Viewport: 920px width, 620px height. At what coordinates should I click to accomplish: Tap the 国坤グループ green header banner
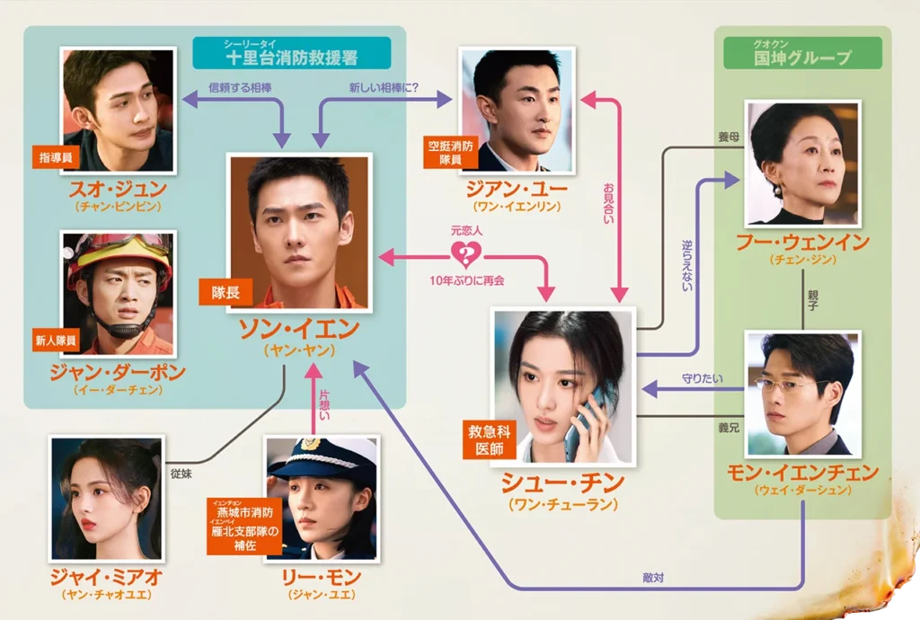[x=803, y=55]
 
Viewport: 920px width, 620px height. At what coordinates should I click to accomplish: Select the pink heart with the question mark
[x=466, y=255]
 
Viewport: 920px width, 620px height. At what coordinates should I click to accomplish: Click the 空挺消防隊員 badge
[x=449, y=152]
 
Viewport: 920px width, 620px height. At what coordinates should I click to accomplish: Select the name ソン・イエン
[x=298, y=329]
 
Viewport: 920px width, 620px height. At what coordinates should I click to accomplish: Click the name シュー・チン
[x=562, y=485]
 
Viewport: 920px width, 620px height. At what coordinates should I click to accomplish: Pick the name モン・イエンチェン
[x=802, y=474]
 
